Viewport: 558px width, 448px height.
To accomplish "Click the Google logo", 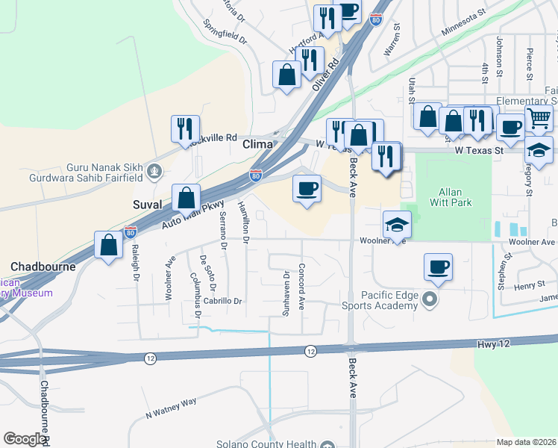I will (25, 439).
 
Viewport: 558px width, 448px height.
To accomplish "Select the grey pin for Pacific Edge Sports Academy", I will (430, 299).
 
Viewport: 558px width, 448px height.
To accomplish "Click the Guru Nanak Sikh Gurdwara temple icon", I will (154, 172).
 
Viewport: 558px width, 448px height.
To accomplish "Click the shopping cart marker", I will (538, 118).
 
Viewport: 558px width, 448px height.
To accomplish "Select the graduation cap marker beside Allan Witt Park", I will (398, 223).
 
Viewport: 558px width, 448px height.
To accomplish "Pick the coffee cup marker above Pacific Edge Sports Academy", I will (439, 266).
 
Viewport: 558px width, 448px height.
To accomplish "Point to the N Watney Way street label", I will (171, 406).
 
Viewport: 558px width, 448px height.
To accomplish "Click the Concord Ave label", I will (302, 287).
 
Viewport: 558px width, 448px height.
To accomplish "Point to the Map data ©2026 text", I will (526, 442).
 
